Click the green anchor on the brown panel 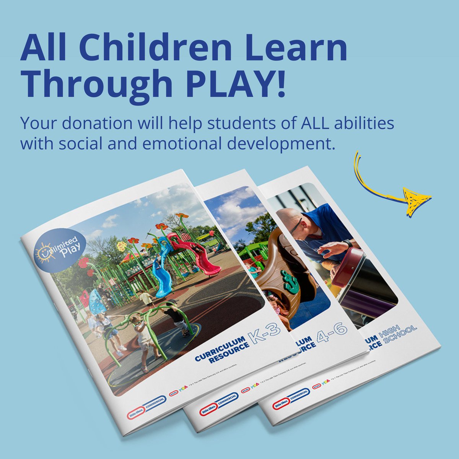tap(290, 281)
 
